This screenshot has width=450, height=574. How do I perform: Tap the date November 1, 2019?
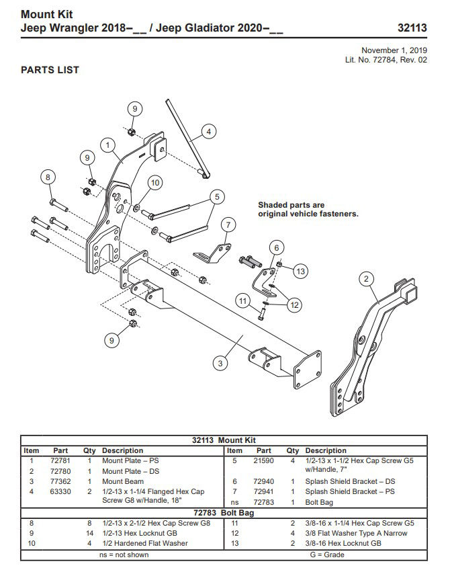coord(394,50)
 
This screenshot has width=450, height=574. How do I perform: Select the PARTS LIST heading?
coord(50,70)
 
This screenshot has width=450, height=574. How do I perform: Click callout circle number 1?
coord(107,145)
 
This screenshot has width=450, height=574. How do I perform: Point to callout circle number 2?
coord(366,278)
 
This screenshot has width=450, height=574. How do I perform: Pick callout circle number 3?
coord(219,363)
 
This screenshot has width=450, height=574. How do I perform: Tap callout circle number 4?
coord(209,132)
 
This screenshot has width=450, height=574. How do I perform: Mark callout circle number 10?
coord(155,183)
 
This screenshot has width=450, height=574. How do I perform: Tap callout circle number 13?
coord(300,271)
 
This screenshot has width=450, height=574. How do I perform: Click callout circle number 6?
coord(275,247)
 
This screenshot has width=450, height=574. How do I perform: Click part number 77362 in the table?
coord(61,482)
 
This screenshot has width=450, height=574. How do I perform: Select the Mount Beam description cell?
coord(123,482)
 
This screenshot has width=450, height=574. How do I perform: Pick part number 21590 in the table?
coord(263,461)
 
